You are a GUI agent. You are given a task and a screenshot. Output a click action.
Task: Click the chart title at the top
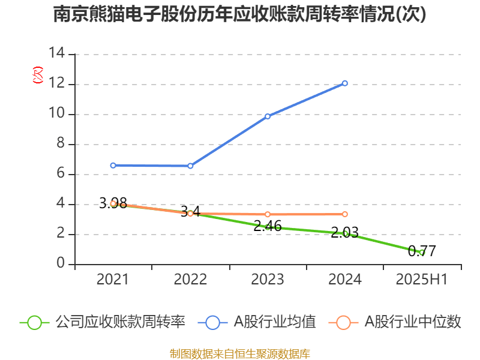click(x=239, y=14)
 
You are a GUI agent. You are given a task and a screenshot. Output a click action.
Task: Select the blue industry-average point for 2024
click(x=345, y=83)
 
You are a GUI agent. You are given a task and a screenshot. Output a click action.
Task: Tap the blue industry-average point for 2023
click(x=268, y=116)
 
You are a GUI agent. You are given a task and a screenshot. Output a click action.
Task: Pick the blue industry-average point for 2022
click(x=190, y=166)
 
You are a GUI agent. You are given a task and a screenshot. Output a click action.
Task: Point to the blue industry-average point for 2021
click(x=113, y=165)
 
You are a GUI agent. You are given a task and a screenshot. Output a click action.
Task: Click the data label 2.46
click(x=268, y=226)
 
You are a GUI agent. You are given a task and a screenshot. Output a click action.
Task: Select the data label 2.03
click(x=344, y=232)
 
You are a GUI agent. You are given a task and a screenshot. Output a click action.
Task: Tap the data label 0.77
click(x=422, y=251)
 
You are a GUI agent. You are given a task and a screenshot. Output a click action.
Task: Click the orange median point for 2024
click(x=345, y=214)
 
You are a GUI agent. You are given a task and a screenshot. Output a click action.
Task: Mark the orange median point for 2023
click(x=268, y=214)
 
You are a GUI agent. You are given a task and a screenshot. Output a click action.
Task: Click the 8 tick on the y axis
click(x=60, y=144)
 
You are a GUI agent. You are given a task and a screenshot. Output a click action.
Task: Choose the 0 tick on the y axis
click(x=60, y=264)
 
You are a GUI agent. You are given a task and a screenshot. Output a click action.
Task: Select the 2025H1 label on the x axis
click(x=422, y=279)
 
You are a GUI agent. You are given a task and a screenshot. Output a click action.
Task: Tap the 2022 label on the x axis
click(x=190, y=279)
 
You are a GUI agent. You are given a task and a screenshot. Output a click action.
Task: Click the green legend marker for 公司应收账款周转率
click(x=34, y=322)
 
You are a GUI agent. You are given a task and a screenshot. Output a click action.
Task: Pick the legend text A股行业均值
click(x=274, y=322)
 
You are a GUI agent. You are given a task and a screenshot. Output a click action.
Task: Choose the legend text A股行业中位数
click(x=413, y=322)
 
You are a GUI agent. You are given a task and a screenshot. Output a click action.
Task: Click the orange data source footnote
click(x=239, y=353)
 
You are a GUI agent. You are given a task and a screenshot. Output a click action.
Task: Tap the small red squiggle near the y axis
click(x=38, y=75)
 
